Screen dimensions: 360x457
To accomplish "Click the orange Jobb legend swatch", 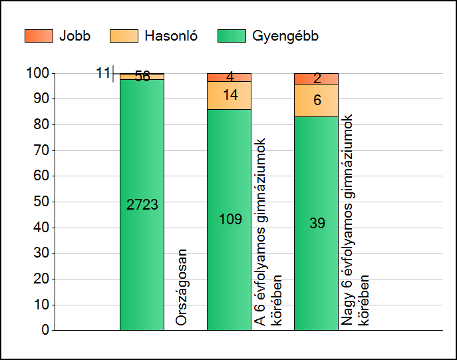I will (38, 36).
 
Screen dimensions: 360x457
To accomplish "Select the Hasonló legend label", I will (170, 36).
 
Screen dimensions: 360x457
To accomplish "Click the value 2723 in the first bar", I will (142, 205).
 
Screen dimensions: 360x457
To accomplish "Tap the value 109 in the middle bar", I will (230, 219).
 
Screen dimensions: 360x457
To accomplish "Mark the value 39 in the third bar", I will (317, 224).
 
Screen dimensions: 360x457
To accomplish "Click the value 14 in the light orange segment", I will (230, 95).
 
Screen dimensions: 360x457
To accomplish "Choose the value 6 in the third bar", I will (317, 100).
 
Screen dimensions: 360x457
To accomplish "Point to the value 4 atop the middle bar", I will (229, 77).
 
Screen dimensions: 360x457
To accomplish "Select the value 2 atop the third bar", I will (317, 79).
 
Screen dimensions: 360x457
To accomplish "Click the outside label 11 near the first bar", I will (102, 73).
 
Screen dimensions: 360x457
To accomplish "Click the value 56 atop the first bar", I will (142, 77).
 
